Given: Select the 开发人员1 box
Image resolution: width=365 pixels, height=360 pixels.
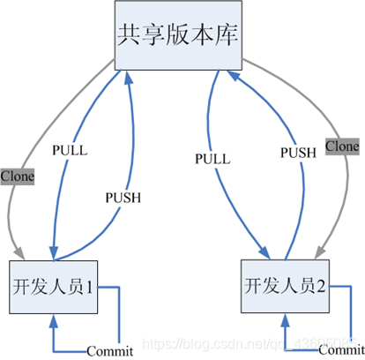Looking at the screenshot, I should (x=56, y=286).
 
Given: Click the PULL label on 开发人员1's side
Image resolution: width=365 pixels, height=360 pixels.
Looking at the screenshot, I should (x=71, y=149).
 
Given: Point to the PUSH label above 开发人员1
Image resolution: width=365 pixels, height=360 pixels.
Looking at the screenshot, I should (x=123, y=195).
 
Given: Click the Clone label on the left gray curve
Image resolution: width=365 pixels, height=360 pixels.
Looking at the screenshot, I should (x=18, y=176).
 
